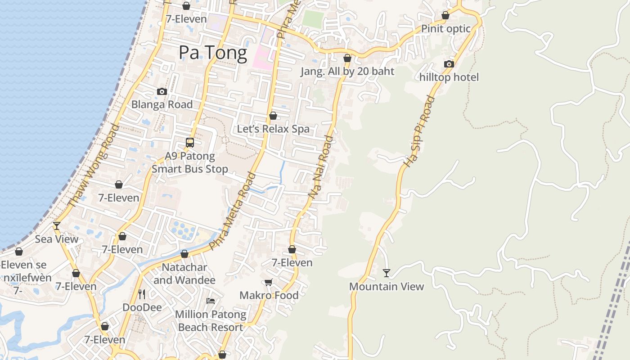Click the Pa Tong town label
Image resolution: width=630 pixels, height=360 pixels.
pos(213,53)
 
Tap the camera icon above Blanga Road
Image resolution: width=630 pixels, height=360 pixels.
pos(162,91)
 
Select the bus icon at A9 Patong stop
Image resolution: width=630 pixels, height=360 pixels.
pos(190,143)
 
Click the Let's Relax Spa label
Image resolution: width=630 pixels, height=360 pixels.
pos(273,129)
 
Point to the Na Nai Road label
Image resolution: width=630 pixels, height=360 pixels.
pos(321,167)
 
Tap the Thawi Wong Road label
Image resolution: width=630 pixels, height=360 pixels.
pos(94,166)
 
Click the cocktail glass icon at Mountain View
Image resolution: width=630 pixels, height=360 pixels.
pos(387,273)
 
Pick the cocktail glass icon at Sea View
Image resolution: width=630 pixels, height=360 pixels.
pos(57,225)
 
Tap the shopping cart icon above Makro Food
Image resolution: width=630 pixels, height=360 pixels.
pos(269,282)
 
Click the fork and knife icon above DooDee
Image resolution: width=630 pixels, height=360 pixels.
pos(142,294)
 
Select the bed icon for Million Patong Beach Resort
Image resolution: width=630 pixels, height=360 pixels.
pos(210,301)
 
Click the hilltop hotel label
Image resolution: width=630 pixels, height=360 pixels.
pos(449,77)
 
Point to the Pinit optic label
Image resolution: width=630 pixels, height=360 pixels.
pos(445,29)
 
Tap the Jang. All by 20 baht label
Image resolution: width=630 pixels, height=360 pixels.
pos(347,72)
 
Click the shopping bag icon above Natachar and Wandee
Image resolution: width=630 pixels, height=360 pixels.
pos(184,254)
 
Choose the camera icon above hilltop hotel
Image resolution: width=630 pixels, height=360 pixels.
pos(449,64)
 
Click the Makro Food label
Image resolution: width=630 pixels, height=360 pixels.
pos(269,295)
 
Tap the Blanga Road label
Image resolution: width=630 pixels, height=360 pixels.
pos(162,104)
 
